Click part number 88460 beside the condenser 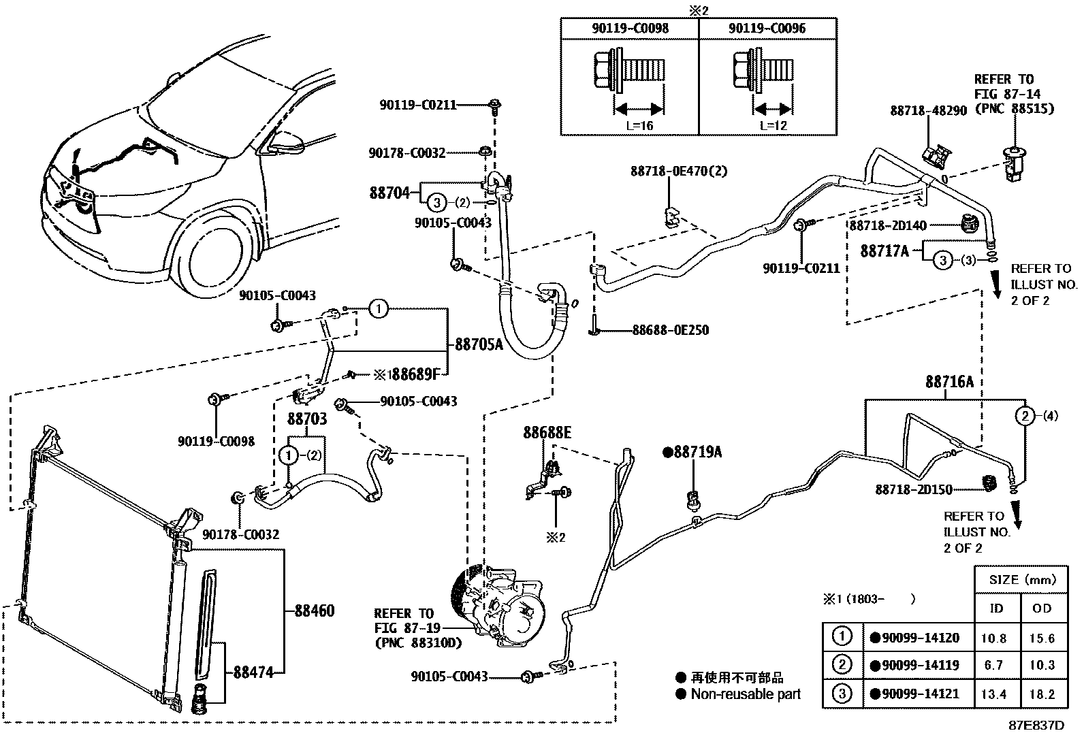pos(314,611)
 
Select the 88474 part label pos(253,672)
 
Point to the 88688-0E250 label pos(670,330)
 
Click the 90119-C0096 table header pos(767,29)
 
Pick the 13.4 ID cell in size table pos(995,694)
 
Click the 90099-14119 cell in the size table pos(920,665)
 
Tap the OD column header pos(1042,608)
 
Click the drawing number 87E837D pos(1036,726)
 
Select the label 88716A pos(948,382)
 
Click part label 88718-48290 pos(928,110)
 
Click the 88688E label pos(547,432)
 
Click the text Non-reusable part pos(745,694)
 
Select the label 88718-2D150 pos(914,489)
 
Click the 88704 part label pos(389,193)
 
